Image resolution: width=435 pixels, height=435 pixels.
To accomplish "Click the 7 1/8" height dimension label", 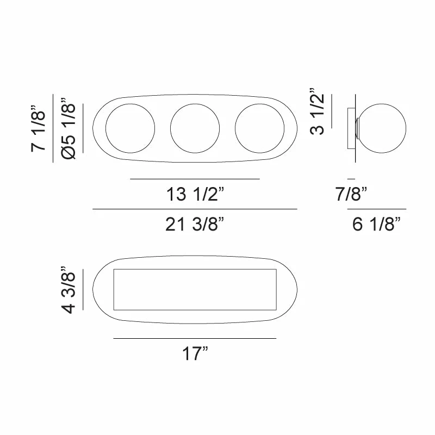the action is (38, 128).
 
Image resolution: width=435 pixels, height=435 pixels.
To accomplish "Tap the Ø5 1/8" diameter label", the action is (68, 128).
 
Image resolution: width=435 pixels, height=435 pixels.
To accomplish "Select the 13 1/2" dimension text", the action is (195, 194).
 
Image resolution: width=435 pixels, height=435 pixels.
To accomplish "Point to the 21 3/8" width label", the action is (195, 223).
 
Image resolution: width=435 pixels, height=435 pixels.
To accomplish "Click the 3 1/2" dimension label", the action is (317, 111).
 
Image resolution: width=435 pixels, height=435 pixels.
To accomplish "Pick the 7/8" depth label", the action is (351, 194).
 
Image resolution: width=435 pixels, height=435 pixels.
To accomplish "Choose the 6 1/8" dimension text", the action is (376, 223).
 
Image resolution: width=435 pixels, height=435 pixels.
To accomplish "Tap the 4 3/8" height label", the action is (68, 290).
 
